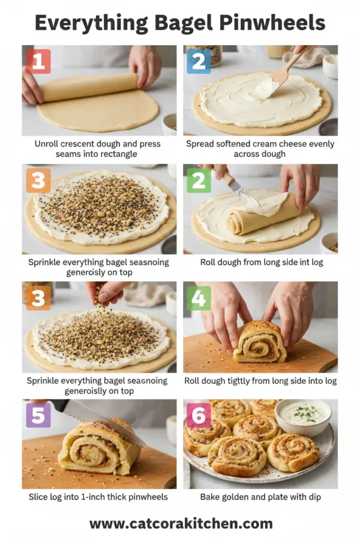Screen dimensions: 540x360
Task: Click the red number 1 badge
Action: [x=38, y=61]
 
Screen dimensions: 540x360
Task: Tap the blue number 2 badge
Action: [x=199, y=61]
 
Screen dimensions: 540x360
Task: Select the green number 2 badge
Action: [x=199, y=180]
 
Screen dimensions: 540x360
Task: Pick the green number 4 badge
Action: [x=199, y=298]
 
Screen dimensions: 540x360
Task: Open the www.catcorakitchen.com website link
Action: [x=181, y=523]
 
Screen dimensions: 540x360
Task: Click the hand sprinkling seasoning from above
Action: [x=108, y=292]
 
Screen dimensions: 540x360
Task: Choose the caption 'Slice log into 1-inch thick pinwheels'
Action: [x=99, y=497]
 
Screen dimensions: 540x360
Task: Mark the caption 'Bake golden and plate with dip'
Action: [x=260, y=497]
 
